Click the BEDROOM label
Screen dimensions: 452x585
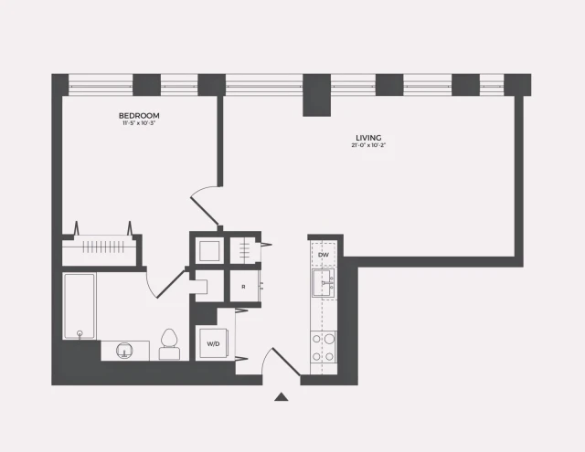point(140,115)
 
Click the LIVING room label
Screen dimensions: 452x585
point(368,139)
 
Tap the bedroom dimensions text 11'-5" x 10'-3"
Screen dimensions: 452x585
point(140,124)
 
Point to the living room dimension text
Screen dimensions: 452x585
point(368,147)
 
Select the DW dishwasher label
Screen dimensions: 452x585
point(323,255)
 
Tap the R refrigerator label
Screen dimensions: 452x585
point(243,286)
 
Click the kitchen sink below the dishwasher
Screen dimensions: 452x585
point(324,283)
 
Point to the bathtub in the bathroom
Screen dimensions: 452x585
point(80,305)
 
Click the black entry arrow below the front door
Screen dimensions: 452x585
point(282,397)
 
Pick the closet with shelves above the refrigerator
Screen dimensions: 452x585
point(243,249)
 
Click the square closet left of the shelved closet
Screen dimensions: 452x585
point(209,249)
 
